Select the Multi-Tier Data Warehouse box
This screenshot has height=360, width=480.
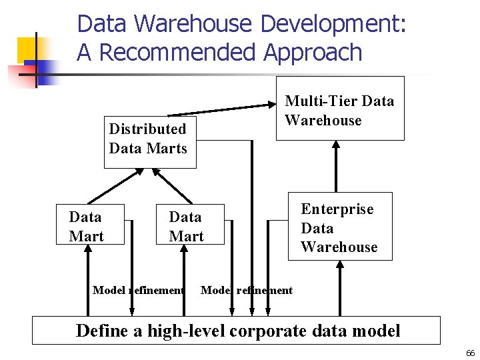pyautogui.click(x=340, y=109)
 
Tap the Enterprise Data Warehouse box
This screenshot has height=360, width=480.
pyautogui.click(x=339, y=227)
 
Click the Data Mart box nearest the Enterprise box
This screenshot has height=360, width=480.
pyautogui.click(x=186, y=226)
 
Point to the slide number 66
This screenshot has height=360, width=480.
pyautogui.click(x=470, y=353)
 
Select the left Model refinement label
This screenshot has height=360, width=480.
pyautogui.click(x=139, y=290)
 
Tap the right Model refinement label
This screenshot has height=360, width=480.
pyautogui.click(x=247, y=290)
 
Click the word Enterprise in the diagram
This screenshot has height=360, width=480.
pyautogui.click(x=337, y=209)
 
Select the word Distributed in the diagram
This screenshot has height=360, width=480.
pyautogui.click(x=147, y=129)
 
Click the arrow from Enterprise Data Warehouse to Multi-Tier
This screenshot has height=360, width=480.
pyautogui.click(x=335, y=167)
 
